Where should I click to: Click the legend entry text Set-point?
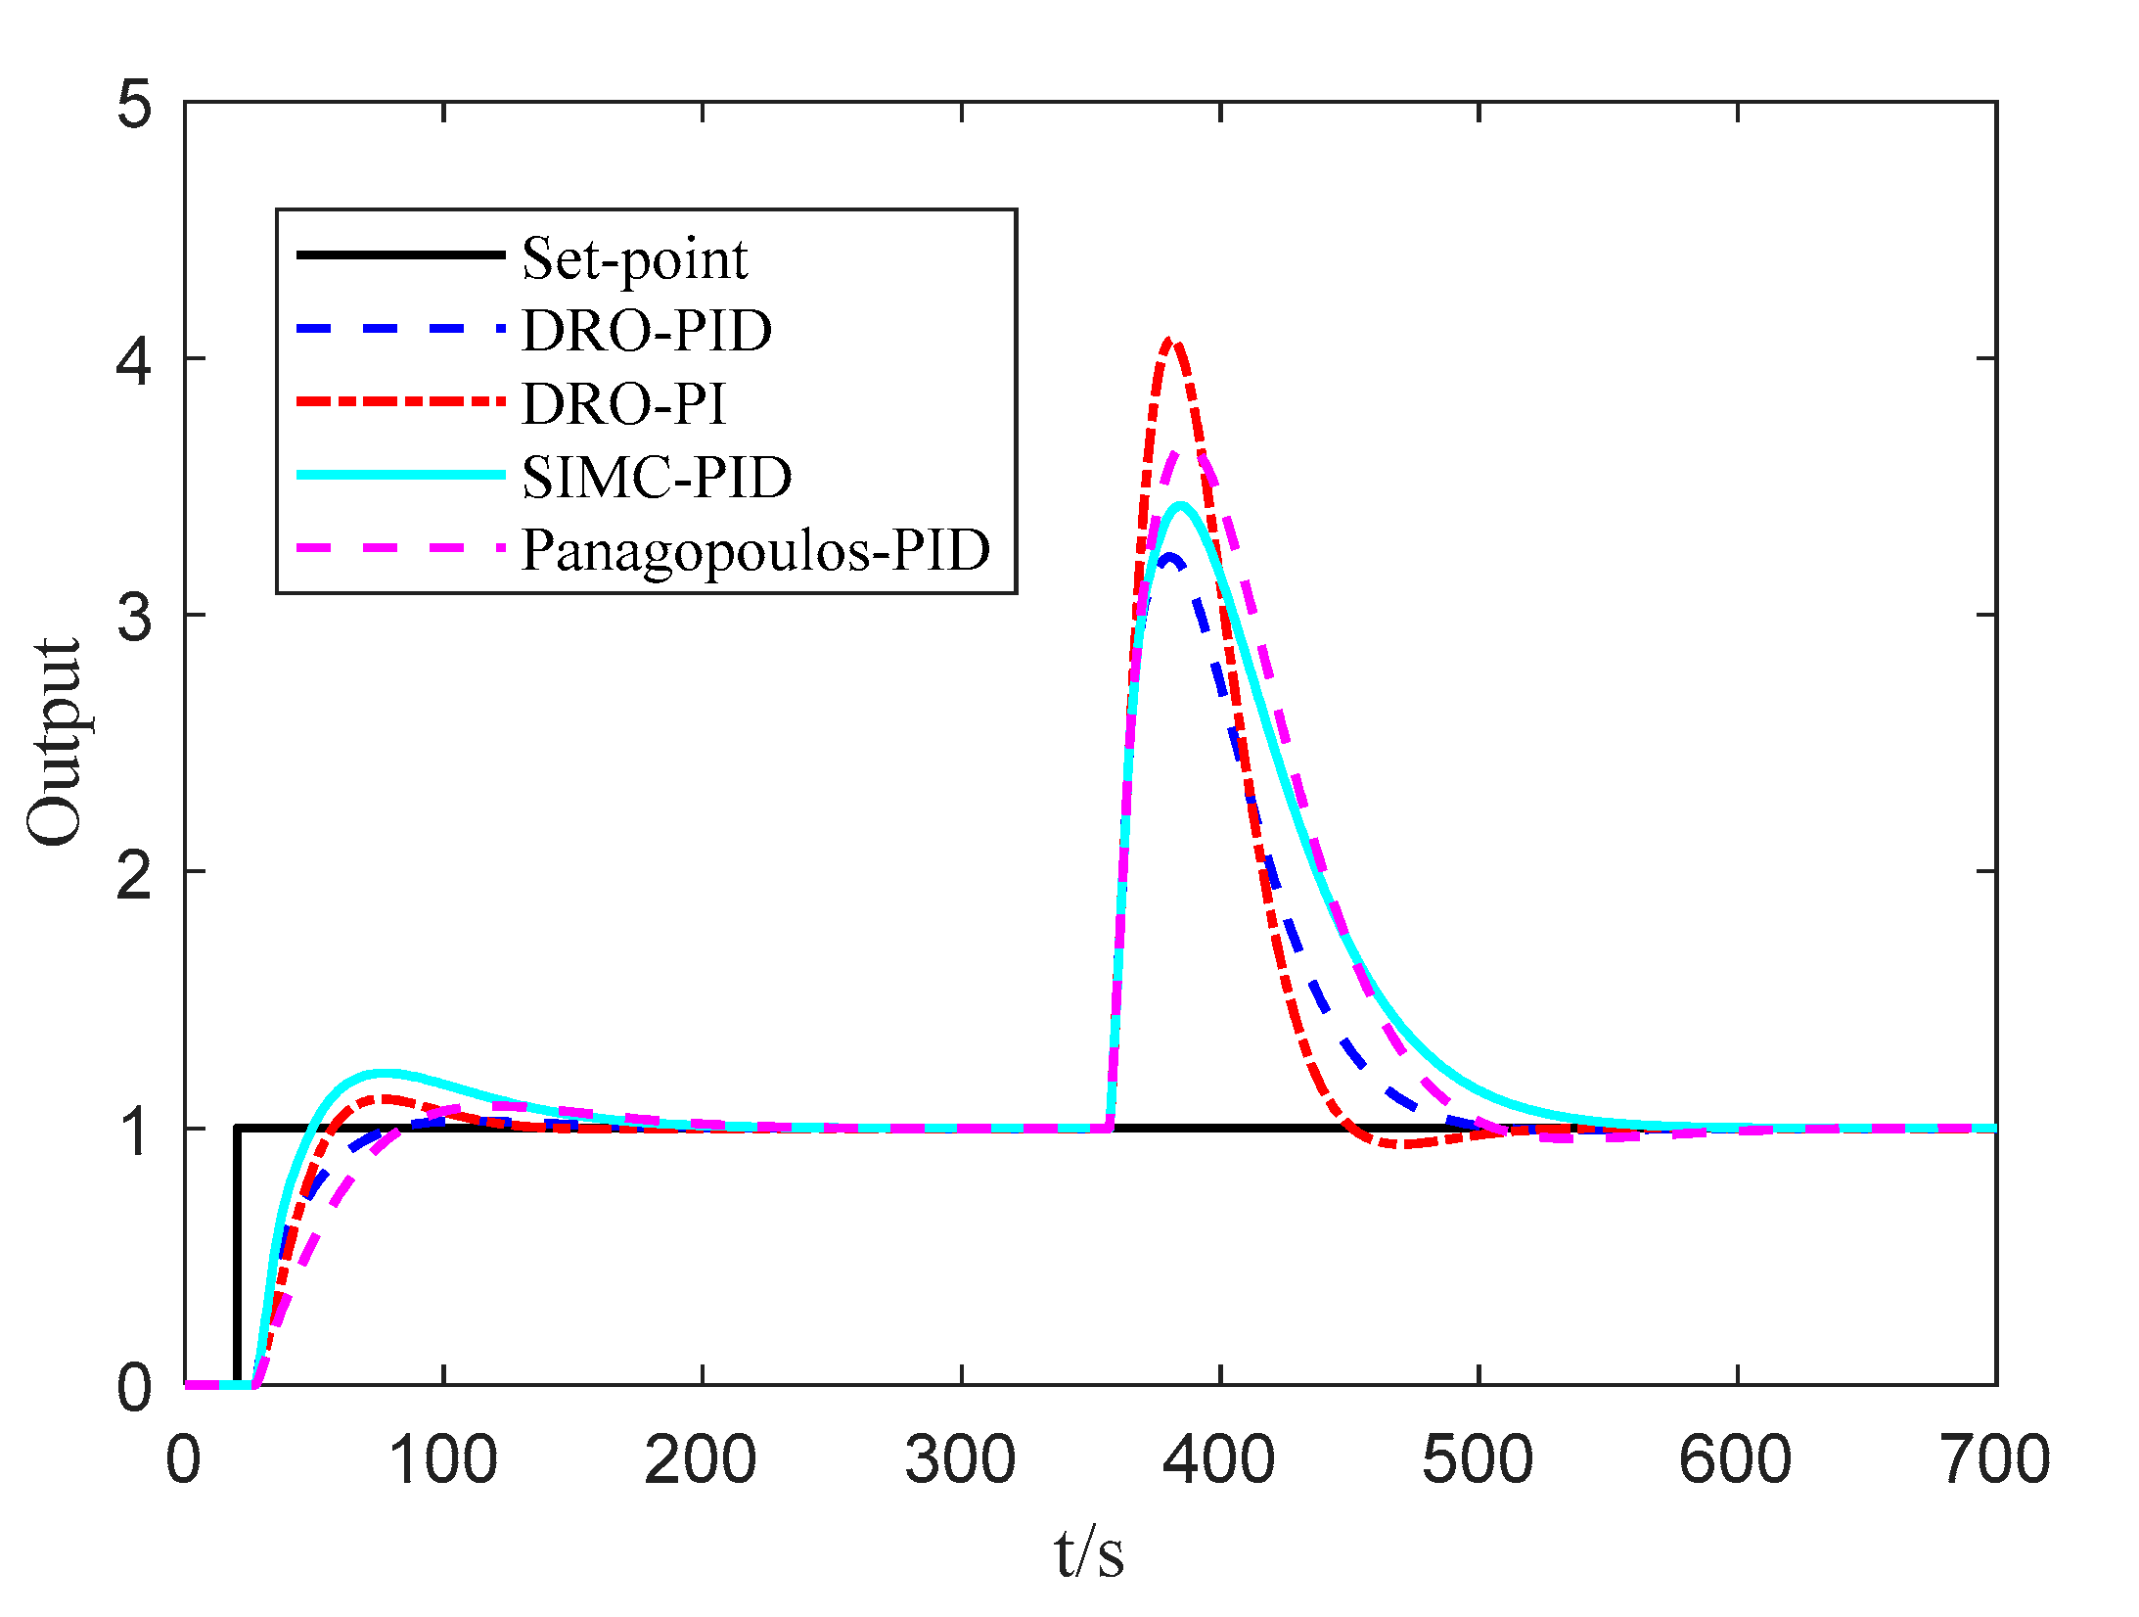634,259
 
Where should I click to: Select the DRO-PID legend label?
647,331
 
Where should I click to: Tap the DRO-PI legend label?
624,403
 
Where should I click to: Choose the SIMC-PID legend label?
657,477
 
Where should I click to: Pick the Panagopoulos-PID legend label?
755,550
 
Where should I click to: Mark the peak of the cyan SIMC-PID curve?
1181,505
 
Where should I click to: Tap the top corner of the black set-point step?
238,1129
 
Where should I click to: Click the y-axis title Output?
54,742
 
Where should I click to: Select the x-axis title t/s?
1089,1553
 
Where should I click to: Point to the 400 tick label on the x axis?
1219,1459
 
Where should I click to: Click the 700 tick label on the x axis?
1994,1459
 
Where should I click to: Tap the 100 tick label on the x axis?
443,1459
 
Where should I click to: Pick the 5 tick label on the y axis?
134,104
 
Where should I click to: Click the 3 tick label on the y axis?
134,617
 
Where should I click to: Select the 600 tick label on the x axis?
1736,1459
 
